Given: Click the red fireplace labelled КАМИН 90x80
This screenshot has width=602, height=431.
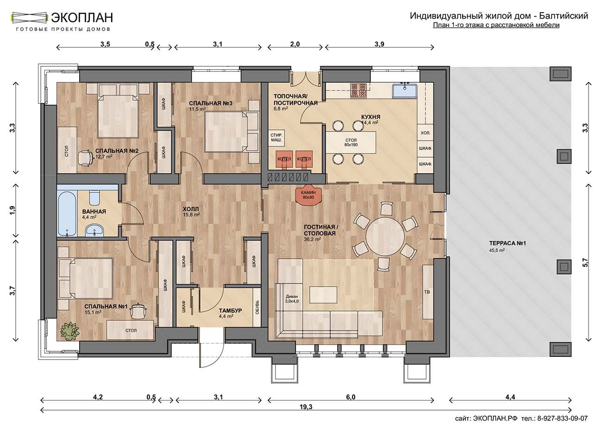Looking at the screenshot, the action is click(x=308, y=195).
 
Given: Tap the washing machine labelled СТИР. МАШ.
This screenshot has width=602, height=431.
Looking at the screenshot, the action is click(x=276, y=138).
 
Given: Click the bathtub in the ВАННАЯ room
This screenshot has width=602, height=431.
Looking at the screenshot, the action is click(x=67, y=214).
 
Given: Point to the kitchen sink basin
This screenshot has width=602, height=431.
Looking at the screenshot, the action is click(x=405, y=91).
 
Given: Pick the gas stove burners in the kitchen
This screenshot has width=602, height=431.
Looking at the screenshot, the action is click(x=358, y=90).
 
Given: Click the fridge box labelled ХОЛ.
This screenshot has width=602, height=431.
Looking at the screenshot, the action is click(x=425, y=133).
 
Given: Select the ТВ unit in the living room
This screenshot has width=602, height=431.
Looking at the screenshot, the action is click(x=427, y=292).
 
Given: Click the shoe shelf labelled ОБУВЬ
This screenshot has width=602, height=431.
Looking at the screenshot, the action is click(x=257, y=307).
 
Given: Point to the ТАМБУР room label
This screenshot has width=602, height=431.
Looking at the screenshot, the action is click(x=230, y=311).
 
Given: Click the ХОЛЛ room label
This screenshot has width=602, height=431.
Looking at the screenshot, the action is click(x=191, y=209).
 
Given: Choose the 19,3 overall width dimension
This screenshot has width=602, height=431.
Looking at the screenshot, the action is click(x=306, y=407).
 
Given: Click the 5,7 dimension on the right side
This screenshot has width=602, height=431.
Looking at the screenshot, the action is click(x=585, y=262).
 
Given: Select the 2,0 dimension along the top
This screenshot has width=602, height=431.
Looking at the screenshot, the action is click(x=295, y=44).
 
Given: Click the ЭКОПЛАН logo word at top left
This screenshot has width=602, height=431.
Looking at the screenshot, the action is click(x=82, y=18).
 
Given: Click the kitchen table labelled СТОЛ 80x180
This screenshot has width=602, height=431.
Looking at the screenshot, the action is click(x=351, y=142).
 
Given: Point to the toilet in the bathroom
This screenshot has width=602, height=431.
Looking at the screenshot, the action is click(x=94, y=198).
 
